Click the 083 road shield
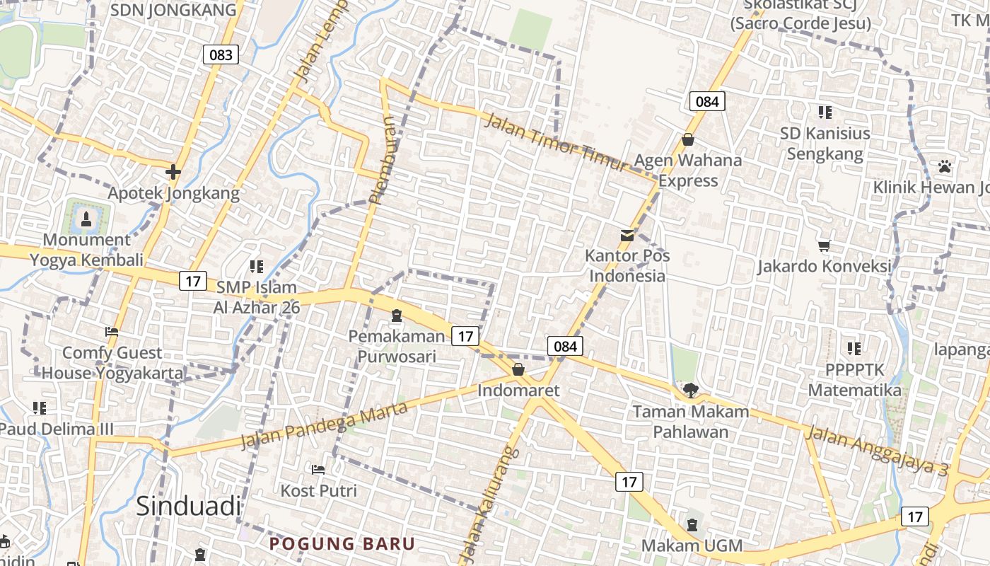(x=221, y=54)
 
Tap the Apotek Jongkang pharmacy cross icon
(x=173, y=172)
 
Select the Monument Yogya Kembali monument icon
(x=86, y=219)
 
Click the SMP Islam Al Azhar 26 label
(x=257, y=297)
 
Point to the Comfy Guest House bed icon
(x=111, y=331)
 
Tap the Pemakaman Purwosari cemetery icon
(x=396, y=315)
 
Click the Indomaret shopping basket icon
(x=518, y=369)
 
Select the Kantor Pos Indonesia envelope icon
(x=627, y=235)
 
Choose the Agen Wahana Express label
(x=688, y=170)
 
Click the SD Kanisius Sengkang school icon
(x=825, y=112)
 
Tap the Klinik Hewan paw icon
(x=945, y=166)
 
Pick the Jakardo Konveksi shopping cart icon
(x=824, y=246)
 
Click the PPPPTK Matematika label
(x=854, y=380)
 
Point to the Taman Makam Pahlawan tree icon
(x=691, y=390)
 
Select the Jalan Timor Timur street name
(x=557, y=141)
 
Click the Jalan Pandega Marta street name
(x=325, y=425)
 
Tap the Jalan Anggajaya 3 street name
(x=877, y=451)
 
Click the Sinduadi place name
(x=188, y=506)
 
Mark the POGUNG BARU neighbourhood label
(x=342, y=543)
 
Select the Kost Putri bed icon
(x=318, y=469)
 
